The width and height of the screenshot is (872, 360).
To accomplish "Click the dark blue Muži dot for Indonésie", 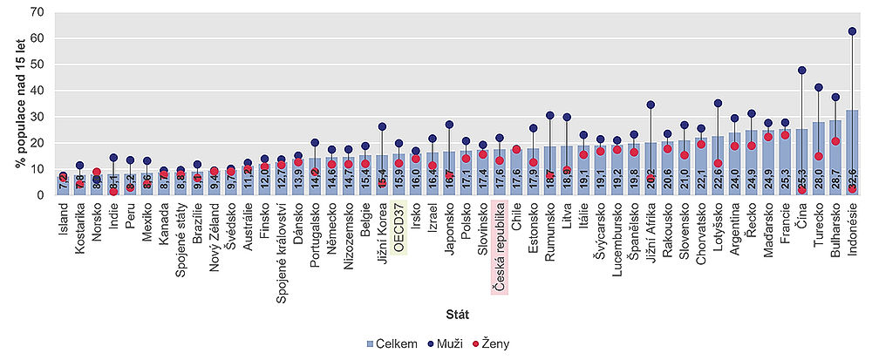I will (x=851, y=31).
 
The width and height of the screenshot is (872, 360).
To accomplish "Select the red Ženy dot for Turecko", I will (x=817, y=157).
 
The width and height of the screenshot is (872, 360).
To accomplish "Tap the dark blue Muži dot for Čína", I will (x=800, y=71).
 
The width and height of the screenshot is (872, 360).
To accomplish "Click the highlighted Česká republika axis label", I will (x=499, y=248).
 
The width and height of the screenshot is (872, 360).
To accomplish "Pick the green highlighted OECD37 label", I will (x=398, y=228).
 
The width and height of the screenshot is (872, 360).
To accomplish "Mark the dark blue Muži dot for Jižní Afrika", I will (x=650, y=105).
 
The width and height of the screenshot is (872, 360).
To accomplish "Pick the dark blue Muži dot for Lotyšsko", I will (x=718, y=104).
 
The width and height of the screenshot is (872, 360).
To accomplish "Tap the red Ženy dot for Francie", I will (x=784, y=135).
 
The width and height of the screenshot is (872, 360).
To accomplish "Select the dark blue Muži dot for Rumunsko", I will (x=549, y=115).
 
